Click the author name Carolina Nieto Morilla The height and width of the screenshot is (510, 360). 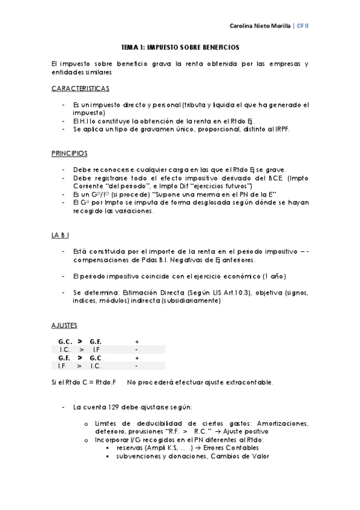coord(260,26)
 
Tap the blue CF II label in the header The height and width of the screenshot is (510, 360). coord(302,26)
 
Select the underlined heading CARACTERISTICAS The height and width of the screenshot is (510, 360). coord(81,88)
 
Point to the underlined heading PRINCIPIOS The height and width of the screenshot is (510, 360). coord(70,153)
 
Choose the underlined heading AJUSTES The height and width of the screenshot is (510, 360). coord(64,325)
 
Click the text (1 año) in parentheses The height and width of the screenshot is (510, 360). coord(275,276)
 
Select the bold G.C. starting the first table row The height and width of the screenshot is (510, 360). coord(65,342)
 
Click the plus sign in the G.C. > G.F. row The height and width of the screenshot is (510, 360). coord(137,342)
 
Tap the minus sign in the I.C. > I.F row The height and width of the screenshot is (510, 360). coord(137,349)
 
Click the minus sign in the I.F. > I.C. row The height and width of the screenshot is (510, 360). coord(137,366)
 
